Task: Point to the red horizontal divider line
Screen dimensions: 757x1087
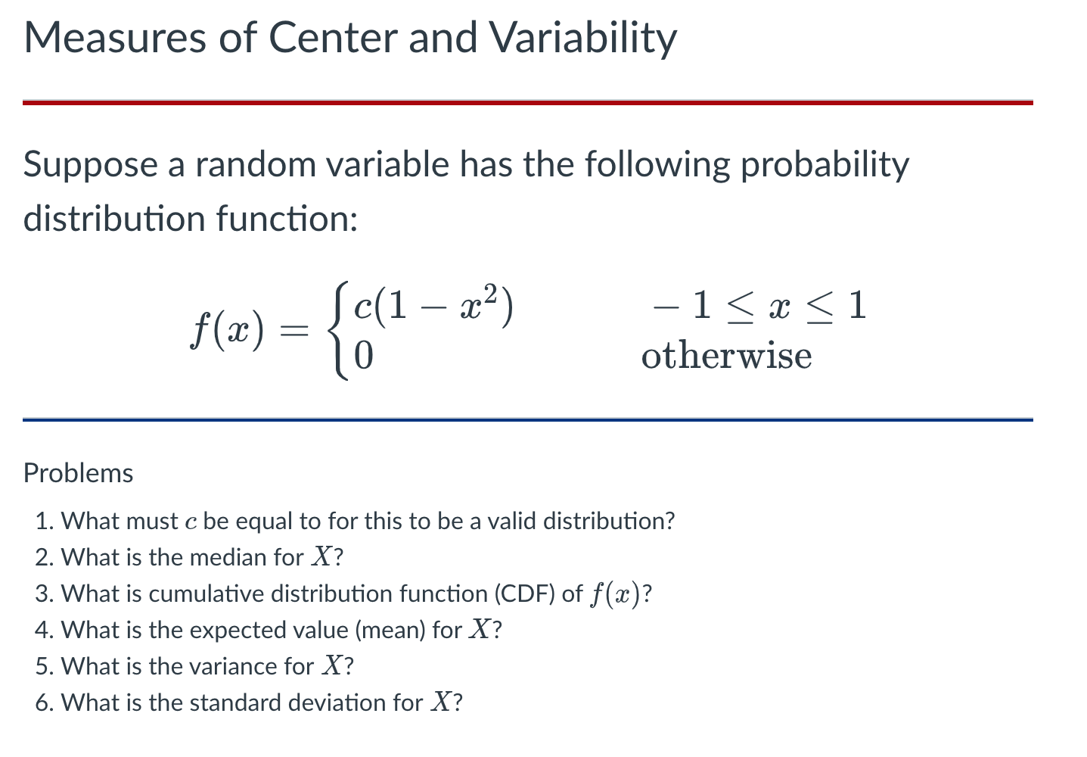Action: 527,102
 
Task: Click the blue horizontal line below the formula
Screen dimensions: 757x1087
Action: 527,419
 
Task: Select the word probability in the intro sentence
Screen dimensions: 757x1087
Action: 825,164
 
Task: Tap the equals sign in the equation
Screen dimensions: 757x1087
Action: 294,331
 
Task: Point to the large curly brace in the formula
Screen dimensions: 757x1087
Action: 337,331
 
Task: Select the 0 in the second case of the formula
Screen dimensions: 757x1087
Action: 364,356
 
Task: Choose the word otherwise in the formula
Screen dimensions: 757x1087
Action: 726,356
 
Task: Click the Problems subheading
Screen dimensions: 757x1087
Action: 78,473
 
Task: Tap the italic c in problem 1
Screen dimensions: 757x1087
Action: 191,522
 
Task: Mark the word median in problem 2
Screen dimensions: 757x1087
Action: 228,558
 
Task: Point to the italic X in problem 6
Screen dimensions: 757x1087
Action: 440,702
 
